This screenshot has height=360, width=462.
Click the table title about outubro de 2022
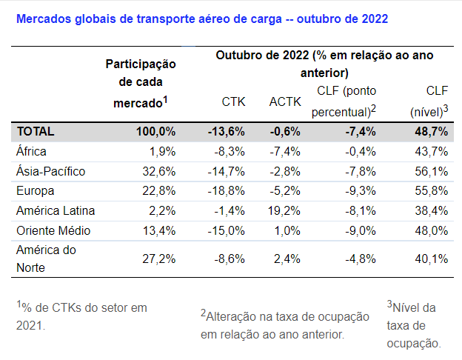(201, 17)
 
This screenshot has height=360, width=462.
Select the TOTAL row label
(36, 132)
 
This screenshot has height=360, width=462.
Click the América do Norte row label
(46, 259)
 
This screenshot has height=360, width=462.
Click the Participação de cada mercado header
(140, 84)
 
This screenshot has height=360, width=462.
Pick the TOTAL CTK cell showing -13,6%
(226, 132)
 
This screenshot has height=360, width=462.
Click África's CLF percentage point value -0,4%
(358, 151)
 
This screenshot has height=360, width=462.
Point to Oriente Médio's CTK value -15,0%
(226, 230)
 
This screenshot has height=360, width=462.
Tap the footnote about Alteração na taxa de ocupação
(285, 325)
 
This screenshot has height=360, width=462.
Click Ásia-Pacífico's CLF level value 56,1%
(431, 171)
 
